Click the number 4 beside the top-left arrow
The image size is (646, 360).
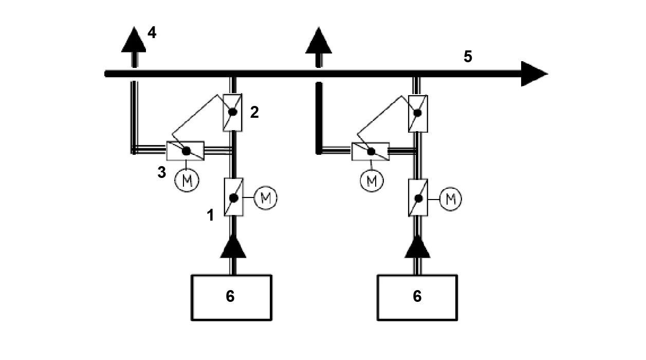(x=152, y=33)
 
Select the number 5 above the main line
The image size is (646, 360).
(x=468, y=57)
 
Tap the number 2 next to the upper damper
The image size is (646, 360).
(x=254, y=113)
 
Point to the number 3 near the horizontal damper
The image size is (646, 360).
(x=162, y=172)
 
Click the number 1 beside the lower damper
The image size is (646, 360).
(x=210, y=215)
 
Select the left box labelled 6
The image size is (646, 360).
(x=231, y=297)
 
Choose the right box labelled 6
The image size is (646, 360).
(x=417, y=297)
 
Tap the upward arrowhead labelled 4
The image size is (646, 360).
(x=134, y=40)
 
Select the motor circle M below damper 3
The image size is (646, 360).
(x=186, y=181)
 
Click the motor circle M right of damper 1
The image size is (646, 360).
(x=266, y=198)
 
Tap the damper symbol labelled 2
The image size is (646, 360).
(x=233, y=112)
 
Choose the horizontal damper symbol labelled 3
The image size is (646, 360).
(x=186, y=151)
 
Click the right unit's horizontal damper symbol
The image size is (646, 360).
(x=371, y=151)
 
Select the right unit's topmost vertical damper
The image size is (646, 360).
(x=418, y=112)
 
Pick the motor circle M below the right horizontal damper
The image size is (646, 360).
(x=372, y=181)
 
